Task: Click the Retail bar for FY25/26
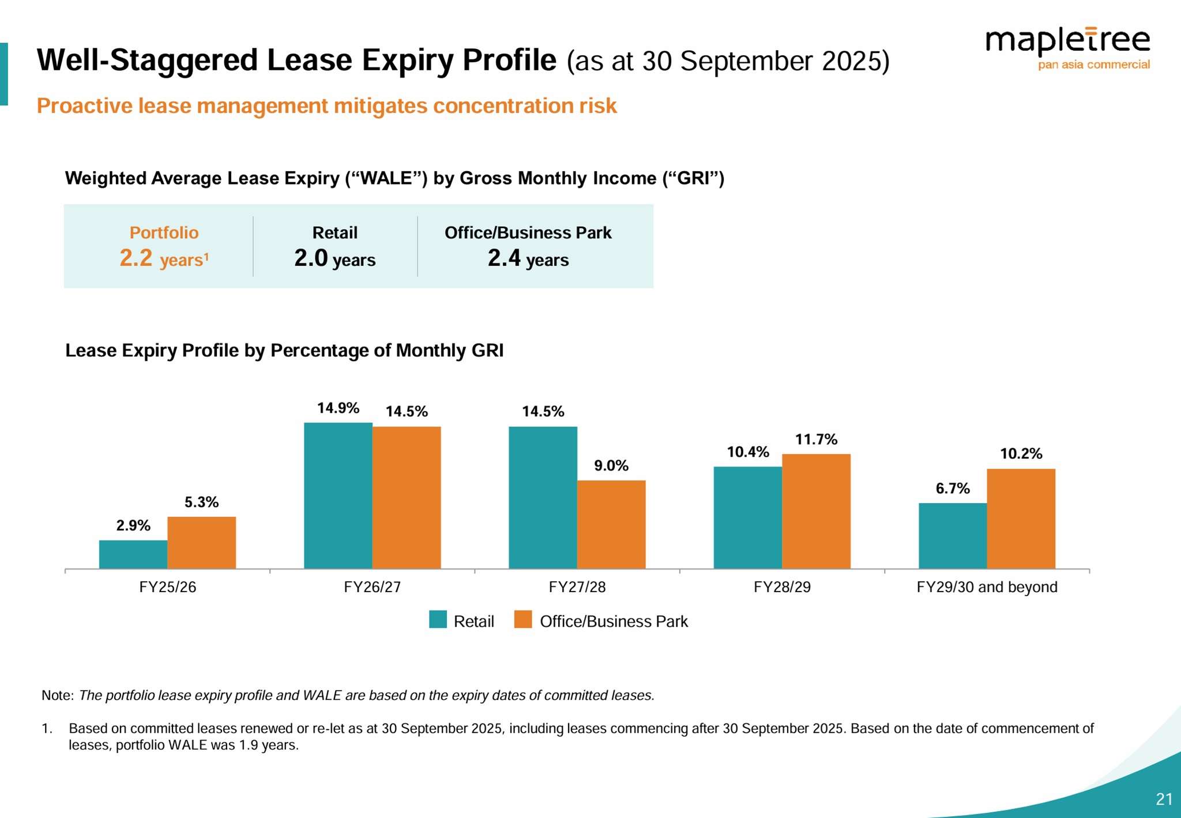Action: point(133,555)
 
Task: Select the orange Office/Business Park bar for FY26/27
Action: point(407,497)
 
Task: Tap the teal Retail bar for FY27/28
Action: point(543,497)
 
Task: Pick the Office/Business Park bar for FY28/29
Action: point(816,511)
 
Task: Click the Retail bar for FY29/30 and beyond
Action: point(953,536)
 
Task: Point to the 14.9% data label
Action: point(338,408)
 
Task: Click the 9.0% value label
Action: point(611,466)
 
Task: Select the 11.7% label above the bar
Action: point(816,439)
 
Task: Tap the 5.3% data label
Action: point(201,502)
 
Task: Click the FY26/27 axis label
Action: point(372,587)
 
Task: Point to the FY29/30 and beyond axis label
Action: point(987,587)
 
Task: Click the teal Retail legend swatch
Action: point(438,620)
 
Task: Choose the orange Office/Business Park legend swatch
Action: point(523,620)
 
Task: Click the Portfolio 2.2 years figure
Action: point(164,258)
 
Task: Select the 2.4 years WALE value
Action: point(528,258)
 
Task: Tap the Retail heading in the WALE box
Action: point(334,233)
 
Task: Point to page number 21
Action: point(1164,799)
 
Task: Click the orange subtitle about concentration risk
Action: point(326,106)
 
